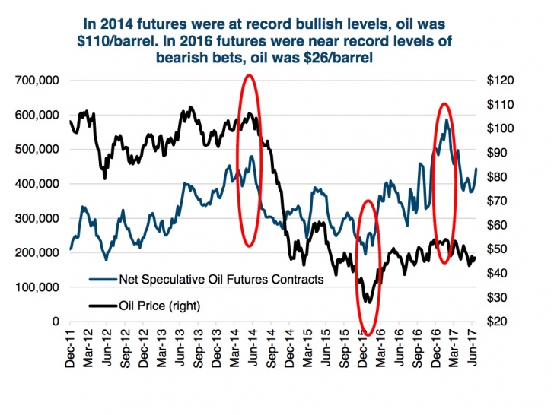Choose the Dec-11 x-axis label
pos(70,350)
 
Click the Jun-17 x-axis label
pos(474,350)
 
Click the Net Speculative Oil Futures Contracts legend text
pos(221,279)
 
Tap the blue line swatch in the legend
pos(100,279)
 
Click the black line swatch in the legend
pos(100,306)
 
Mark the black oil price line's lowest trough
pos(369,302)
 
